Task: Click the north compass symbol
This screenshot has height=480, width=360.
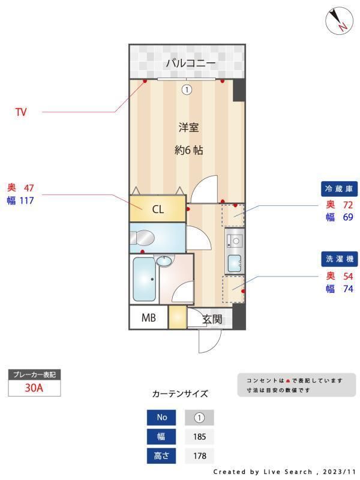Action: click(x=339, y=22)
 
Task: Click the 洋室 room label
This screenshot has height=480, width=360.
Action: click(x=188, y=127)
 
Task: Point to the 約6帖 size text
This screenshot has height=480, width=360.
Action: click(x=188, y=150)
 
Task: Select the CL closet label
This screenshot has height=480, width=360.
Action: click(x=157, y=209)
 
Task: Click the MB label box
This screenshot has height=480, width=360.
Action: click(x=149, y=318)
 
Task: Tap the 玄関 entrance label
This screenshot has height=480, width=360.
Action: click(x=212, y=319)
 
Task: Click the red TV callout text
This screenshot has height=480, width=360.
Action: click(x=21, y=112)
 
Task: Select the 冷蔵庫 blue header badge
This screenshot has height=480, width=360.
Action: click(x=340, y=189)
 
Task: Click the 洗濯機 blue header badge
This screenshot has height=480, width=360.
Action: click(x=340, y=259)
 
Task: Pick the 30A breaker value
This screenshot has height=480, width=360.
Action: click(x=34, y=388)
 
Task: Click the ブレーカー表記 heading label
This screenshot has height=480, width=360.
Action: click(x=34, y=374)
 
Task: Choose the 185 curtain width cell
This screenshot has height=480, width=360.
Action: click(x=199, y=437)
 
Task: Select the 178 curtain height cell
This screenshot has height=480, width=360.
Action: click(x=199, y=456)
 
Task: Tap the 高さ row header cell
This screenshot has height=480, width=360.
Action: click(x=162, y=456)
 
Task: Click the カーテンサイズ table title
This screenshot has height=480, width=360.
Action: click(x=180, y=394)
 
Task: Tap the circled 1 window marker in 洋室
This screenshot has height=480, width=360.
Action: click(x=187, y=90)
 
